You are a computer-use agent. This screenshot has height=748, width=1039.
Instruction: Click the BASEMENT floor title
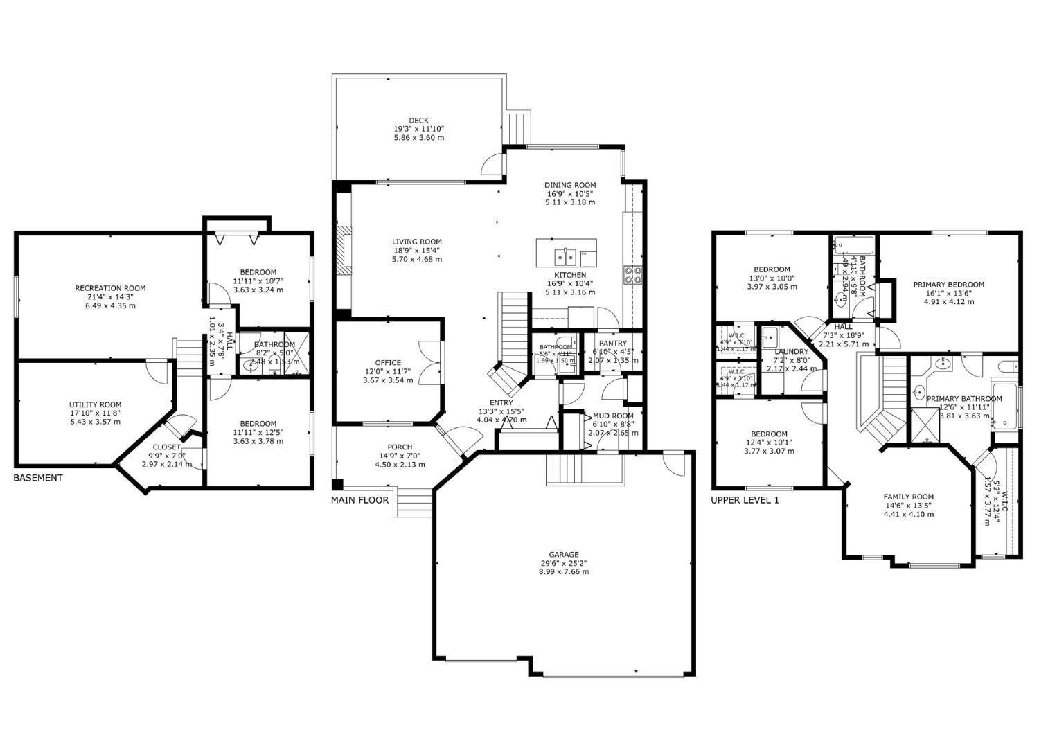(38, 478)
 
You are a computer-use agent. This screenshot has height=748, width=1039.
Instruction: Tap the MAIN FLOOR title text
(359, 500)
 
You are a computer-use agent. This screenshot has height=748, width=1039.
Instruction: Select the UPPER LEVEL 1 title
(745, 500)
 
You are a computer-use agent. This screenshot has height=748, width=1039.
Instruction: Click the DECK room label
(418, 121)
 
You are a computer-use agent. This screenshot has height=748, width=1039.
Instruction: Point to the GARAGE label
(564, 555)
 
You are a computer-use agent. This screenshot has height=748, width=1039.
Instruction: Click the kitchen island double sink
(566, 256)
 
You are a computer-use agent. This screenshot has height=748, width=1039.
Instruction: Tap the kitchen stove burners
(633, 276)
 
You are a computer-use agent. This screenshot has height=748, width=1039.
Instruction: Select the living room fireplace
(343, 250)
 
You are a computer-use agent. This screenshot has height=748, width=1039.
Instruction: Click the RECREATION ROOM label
(111, 288)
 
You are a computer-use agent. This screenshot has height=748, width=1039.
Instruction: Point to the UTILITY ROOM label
(95, 405)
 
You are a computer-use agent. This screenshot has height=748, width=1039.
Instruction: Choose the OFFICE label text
(388, 363)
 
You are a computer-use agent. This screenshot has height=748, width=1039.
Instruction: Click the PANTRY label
(613, 344)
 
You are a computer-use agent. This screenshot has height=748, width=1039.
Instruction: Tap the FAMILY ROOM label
(908, 497)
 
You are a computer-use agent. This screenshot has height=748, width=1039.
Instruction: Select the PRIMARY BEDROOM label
(948, 285)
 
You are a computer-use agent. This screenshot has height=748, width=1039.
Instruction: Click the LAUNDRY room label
(791, 352)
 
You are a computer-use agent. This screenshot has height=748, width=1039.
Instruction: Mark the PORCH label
(400, 447)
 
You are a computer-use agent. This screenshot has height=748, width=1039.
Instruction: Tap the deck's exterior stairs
(518, 127)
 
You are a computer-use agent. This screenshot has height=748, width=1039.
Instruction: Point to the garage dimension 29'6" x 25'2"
(564, 563)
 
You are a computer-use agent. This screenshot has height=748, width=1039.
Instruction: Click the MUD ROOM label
(613, 416)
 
